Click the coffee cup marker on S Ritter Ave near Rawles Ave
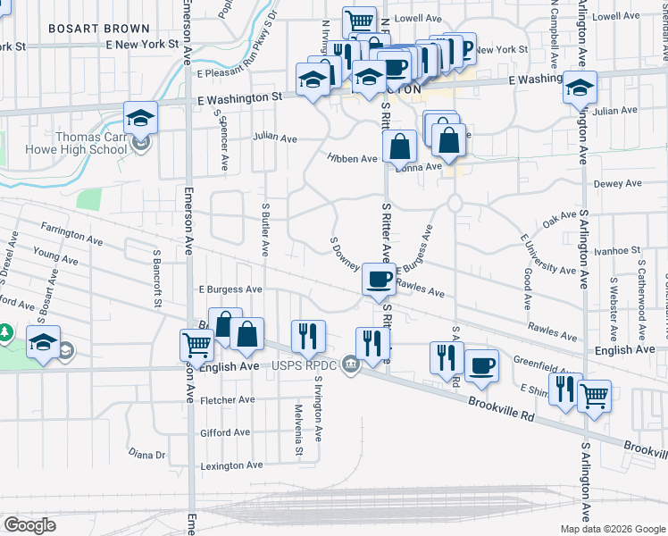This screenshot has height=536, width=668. [x=379, y=279]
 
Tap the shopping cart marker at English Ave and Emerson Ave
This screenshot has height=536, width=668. [x=196, y=343]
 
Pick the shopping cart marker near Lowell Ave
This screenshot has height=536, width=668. [x=359, y=21]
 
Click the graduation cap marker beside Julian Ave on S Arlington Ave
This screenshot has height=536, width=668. [x=580, y=88]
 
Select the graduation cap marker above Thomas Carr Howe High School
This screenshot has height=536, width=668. [x=140, y=116]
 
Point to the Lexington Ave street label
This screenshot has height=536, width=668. [x=231, y=465]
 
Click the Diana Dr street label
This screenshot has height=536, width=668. [x=147, y=454]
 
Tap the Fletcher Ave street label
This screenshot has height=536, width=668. [x=228, y=399]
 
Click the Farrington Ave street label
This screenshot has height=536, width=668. [x=71, y=234]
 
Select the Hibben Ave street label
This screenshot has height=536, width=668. [x=352, y=158]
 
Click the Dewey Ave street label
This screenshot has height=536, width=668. [x=618, y=183]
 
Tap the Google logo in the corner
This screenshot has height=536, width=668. [x=29, y=524]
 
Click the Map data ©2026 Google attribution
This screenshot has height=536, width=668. [x=612, y=529]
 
